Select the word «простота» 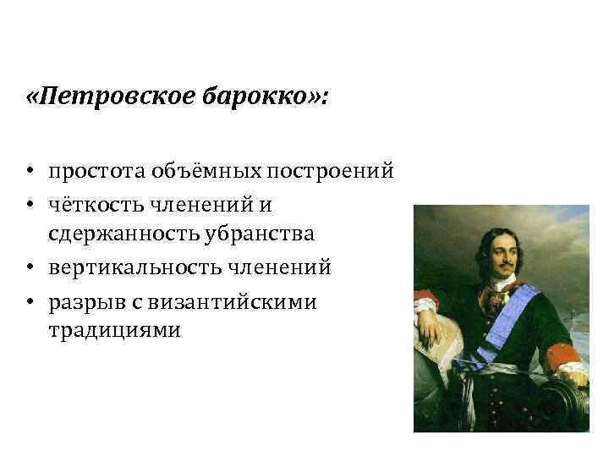coord(96,173)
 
